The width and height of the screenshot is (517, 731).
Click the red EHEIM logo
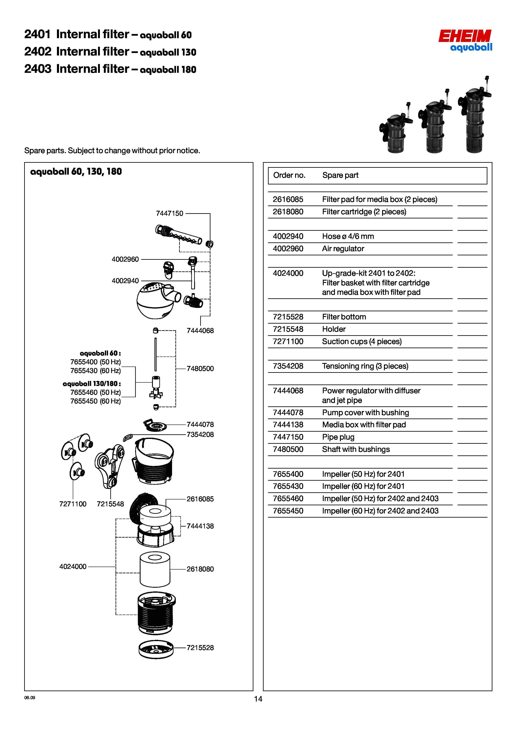point(465,36)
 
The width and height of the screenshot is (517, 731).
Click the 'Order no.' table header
point(289,175)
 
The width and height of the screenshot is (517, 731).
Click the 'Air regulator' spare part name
point(343,249)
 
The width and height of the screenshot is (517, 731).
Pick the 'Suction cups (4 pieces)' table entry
point(362,342)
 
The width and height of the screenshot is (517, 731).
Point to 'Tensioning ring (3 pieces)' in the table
point(365,366)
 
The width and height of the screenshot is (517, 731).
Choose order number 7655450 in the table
point(288,511)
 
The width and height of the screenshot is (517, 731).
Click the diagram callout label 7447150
point(170,213)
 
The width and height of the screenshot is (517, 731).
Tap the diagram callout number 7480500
point(200,369)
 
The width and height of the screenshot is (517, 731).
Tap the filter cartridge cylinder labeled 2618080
point(155,569)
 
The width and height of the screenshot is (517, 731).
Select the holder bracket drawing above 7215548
point(109,467)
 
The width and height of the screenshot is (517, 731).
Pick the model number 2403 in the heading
point(38,69)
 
